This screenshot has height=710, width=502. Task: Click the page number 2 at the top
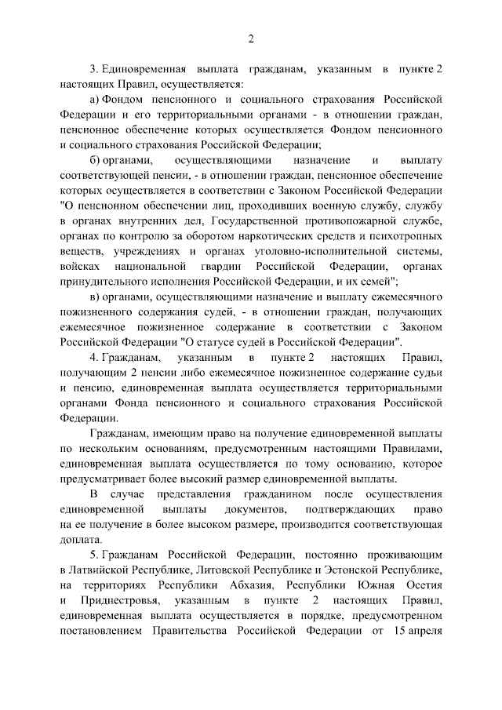point(251,39)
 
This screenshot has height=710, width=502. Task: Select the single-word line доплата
point(80,540)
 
